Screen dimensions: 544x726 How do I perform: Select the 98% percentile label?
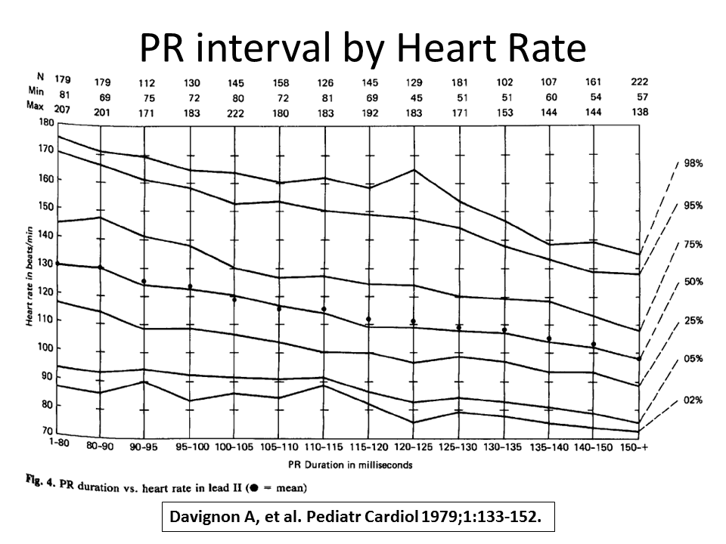tap(693, 163)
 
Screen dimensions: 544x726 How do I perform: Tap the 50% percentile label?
tap(693, 282)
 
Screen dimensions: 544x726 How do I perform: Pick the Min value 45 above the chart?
tap(413, 97)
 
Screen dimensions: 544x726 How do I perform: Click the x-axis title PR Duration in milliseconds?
tap(350, 465)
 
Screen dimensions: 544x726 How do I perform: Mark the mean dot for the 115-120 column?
tap(368, 320)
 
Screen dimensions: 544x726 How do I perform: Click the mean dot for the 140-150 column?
tap(594, 345)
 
